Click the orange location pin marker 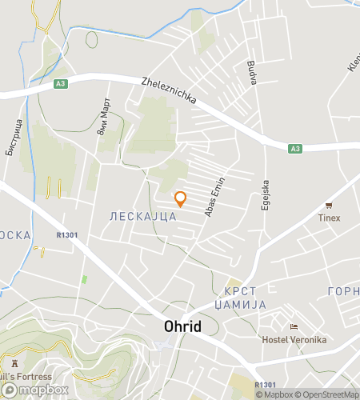click(180, 198)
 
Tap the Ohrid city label click(182, 326)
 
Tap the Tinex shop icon click(329, 206)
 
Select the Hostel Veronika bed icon click(294, 327)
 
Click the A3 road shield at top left click(62, 83)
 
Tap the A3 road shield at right click(295, 148)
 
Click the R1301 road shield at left click(67, 235)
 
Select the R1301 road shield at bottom click(265, 384)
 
